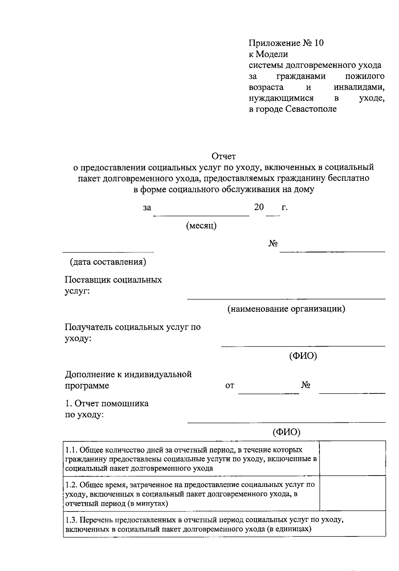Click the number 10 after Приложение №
click(x=318, y=43)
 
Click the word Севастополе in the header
click(x=311, y=109)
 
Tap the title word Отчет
click(x=224, y=156)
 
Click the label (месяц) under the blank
click(x=201, y=226)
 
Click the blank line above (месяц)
click(x=201, y=215)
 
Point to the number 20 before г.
click(x=259, y=207)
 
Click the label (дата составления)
click(x=108, y=262)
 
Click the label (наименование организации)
click(x=286, y=309)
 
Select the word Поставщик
click(x=87, y=280)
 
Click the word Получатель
click(x=88, y=327)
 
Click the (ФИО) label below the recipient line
click(x=303, y=356)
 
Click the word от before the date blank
click(x=230, y=386)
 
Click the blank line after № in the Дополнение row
click(x=352, y=393)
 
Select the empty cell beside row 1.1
click(x=352, y=458)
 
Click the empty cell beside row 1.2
click(x=352, y=494)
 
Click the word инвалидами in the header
click(x=359, y=87)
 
